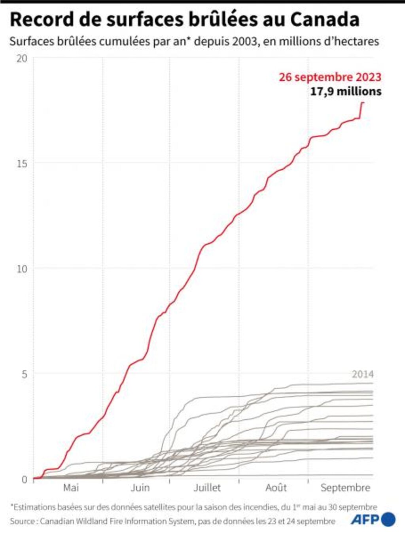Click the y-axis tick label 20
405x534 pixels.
coord(22,59)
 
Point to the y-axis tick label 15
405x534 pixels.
coord(22,163)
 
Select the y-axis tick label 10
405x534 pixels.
coord(22,269)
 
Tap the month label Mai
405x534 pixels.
coord(71,488)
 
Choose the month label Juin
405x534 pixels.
coord(140,488)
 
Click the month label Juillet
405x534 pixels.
coord(207,488)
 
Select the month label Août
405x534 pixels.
coord(276,488)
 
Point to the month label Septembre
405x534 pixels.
coord(345,488)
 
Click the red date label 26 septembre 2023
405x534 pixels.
coord(330,77)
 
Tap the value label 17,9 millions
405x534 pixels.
coord(346,91)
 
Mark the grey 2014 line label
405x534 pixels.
coord(362,374)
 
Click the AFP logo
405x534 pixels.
coord(373,519)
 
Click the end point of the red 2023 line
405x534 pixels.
coord(363,103)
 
